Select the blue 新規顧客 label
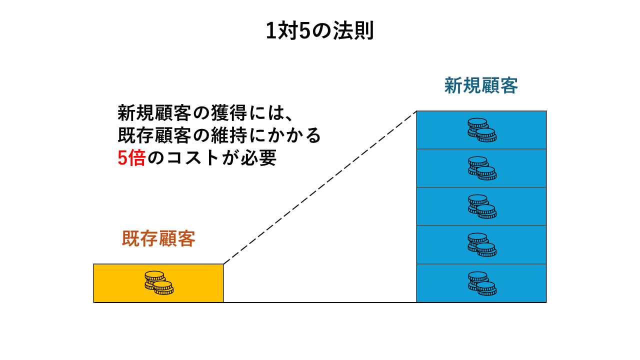(481, 85)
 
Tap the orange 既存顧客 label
(158, 238)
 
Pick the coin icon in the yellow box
(158, 283)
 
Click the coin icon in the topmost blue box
(481, 130)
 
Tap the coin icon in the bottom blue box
(481, 283)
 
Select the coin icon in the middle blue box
(481, 206)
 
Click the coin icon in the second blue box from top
(481, 168)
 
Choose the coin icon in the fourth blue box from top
(481, 245)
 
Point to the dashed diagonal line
(320, 187)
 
